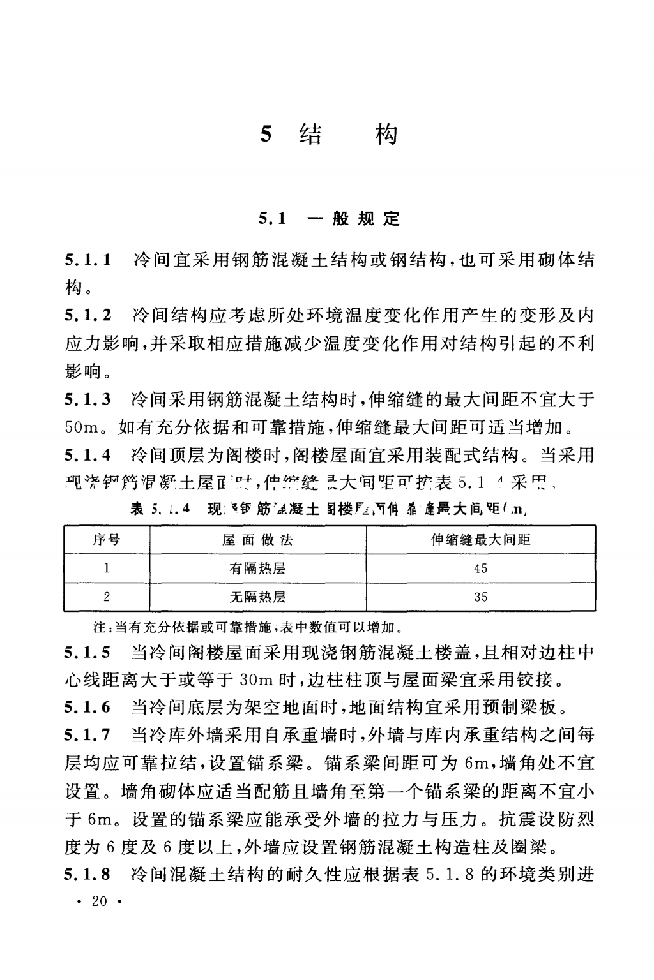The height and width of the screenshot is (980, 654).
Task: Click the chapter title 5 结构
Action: [x=329, y=135]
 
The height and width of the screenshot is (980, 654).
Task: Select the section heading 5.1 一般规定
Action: [x=329, y=219]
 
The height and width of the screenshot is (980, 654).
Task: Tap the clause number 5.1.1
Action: [x=88, y=260]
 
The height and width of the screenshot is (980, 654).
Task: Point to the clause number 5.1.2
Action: [x=88, y=315]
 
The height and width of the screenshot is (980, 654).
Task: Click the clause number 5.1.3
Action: [x=88, y=400]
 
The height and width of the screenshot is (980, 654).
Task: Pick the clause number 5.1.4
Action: [x=88, y=456]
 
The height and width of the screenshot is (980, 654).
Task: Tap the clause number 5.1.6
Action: [x=88, y=707]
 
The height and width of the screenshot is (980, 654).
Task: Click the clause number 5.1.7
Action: [x=88, y=736]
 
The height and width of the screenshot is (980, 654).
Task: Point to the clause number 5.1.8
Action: [x=88, y=873]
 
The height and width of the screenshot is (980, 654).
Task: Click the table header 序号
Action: [x=106, y=540]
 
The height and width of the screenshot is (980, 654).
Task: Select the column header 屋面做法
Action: [x=257, y=540]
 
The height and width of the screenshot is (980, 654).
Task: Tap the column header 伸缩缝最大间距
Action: [x=480, y=540]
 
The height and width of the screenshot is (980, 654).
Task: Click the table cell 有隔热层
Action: [x=257, y=568]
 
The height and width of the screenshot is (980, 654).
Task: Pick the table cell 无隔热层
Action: [x=257, y=597]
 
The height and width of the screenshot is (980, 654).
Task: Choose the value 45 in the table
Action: [x=480, y=568]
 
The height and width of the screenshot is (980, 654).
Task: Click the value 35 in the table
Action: [x=480, y=597]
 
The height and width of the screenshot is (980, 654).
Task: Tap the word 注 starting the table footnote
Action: [x=99, y=628]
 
